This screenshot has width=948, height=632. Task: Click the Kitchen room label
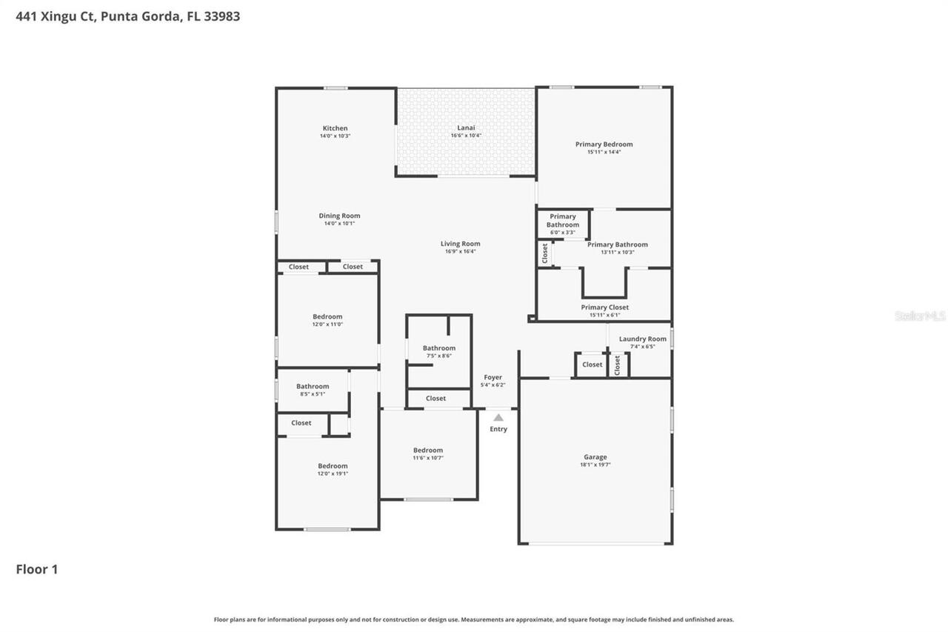335,128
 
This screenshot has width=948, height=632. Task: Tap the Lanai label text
466,127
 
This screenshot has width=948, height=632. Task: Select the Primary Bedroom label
604,144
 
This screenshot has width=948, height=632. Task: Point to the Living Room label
460,244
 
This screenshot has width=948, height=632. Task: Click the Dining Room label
339,216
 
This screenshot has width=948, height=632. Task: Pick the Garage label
595,457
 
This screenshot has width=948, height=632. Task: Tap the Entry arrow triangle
498,418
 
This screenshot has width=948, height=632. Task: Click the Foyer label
493,377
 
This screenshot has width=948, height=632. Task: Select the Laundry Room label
642,339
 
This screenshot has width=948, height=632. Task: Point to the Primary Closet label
604,307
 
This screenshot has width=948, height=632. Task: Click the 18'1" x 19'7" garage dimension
595,465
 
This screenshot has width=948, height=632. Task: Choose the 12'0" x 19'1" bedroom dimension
333,473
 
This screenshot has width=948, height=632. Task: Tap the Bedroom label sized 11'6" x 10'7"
428,450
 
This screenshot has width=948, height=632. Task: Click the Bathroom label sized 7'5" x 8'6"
439,347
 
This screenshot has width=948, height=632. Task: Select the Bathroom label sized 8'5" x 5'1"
313,386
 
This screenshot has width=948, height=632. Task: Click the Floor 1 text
37,569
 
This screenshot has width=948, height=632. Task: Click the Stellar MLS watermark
920,316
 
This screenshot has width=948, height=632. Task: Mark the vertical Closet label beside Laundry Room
618,365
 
